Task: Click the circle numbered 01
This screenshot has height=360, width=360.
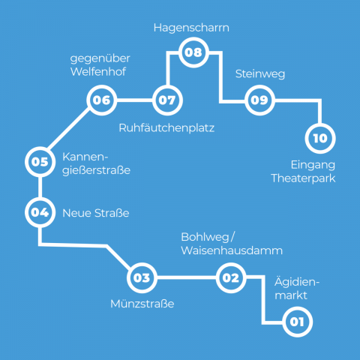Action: tap(295, 322)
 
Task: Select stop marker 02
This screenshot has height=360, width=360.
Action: tap(231, 278)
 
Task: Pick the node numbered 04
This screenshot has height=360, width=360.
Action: tap(39, 212)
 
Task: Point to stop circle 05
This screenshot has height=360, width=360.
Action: tap(39, 160)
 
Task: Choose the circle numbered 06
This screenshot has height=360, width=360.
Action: tap(102, 100)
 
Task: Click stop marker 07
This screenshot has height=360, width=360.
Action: tap(166, 100)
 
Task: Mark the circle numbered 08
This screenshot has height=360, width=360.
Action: tap(193, 52)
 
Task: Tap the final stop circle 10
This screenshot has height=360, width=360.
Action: tap(320, 138)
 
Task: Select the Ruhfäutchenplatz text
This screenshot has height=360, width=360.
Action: tap(166, 128)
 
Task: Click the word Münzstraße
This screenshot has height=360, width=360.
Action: tap(142, 304)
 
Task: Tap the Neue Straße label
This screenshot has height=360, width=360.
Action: tap(95, 214)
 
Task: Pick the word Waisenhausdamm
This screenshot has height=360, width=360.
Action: tap(232, 250)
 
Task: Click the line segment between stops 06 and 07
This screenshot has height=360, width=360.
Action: tap(134, 100)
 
